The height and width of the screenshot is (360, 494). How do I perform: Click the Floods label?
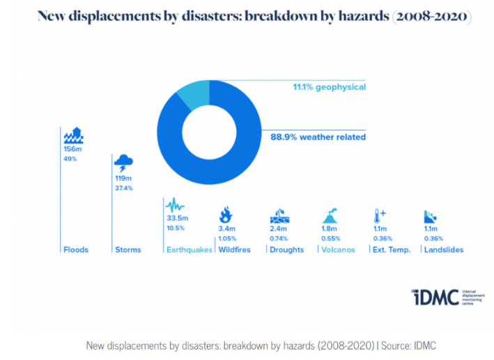pos(75,250)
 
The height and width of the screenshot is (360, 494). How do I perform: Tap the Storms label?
pos(128,250)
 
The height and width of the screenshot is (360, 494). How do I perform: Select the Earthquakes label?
pos(188,250)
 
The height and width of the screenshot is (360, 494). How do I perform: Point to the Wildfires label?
pos(234,250)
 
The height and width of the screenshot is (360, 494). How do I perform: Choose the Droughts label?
pos(286,250)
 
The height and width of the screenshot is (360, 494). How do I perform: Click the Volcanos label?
pos(338,250)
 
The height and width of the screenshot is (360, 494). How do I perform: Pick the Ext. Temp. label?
pos(392,250)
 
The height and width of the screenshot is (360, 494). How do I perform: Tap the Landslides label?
pos(444,250)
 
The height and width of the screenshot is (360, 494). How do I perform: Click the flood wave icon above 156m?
pos(73,134)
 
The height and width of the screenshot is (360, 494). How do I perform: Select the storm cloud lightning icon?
pos(123,164)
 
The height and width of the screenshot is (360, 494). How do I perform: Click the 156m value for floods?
pos(71,148)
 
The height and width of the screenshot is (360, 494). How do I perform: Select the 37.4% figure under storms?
pos(123,188)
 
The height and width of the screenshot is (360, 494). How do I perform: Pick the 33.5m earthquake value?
pos(177,218)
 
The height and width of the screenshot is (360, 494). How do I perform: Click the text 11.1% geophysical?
pos(328,87)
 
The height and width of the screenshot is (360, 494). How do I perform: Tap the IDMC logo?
pos(433,297)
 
